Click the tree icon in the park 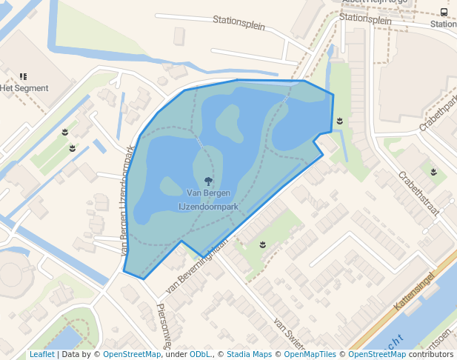(x=209, y=180)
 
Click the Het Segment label (x=24, y=88)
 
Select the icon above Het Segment (x=24, y=76)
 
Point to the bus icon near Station (x=444, y=12)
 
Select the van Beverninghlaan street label (x=196, y=263)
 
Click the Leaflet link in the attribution (x=41, y=355)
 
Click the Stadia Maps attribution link (x=249, y=355)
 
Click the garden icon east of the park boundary (x=339, y=120)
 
